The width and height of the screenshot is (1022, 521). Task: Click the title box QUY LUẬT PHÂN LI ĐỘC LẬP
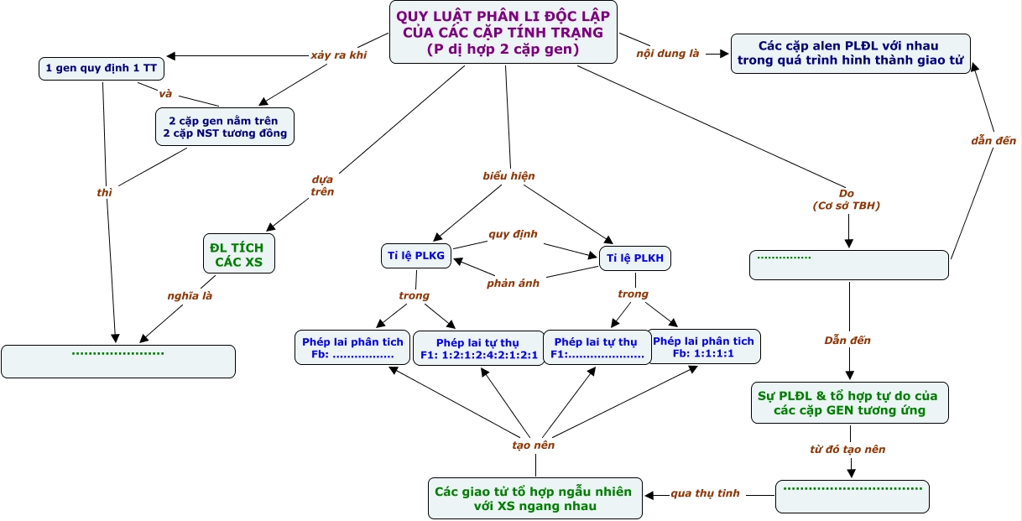pos(503,32)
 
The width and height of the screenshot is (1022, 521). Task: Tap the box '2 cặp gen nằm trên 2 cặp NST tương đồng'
pos(225,126)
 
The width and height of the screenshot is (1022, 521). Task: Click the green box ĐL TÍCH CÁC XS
pos(239,253)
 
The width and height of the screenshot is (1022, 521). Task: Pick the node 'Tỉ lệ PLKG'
pos(416,256)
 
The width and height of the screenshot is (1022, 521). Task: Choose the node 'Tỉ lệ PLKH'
pos(635,258)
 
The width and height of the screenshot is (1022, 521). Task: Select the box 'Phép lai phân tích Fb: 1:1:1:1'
pos(703,346)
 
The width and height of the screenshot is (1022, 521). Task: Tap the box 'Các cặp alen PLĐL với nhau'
pos(850,53)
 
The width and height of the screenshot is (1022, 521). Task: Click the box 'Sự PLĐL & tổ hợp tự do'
pos(849,402)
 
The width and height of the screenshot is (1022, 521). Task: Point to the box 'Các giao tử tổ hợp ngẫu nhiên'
pos(534,498)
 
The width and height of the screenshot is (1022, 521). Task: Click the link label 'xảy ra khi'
pos(339,55)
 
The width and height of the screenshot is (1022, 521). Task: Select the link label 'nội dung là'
pos(669,55)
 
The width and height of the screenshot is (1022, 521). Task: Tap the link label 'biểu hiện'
pos(508,176)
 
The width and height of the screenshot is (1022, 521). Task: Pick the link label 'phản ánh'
pos(513,283)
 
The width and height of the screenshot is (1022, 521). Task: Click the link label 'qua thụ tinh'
pos(705,493)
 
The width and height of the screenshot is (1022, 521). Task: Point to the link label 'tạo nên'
pos(533,445)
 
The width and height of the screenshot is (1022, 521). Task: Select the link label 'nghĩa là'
pos(189,295)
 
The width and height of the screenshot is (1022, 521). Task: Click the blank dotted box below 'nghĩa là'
pos(118,361)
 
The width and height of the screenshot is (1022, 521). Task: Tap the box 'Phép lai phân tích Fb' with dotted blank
pos(352,347)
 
